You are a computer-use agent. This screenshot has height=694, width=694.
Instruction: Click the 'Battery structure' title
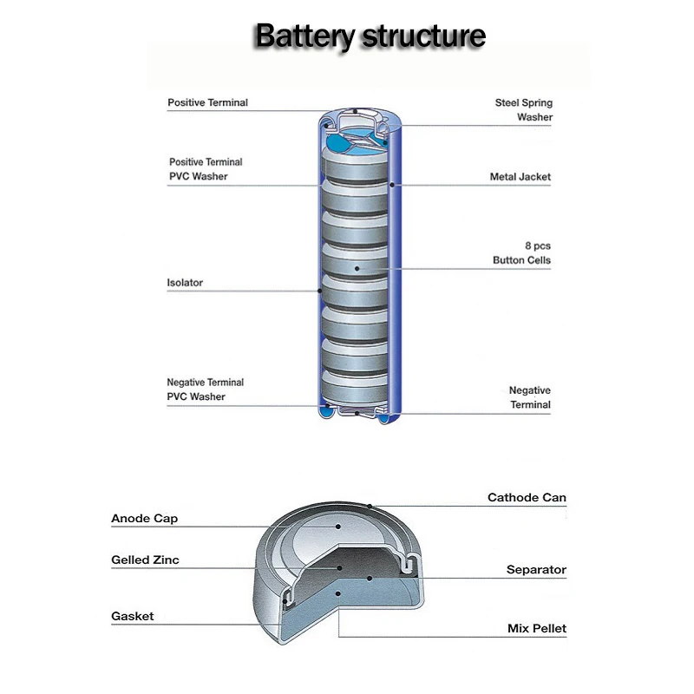tap(370, 36)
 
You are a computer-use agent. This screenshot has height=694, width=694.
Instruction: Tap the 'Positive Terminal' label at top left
tap(207, 102)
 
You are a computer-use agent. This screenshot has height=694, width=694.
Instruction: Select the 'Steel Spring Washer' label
tap(524, 110)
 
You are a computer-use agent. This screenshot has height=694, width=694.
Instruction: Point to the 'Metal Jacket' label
tap(520, 177)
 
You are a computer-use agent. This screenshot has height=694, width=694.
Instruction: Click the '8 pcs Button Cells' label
tap(522, 252)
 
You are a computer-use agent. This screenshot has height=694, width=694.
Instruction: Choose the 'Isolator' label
tap(185, 283)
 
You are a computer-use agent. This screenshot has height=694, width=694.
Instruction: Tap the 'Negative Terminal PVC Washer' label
tap(205, 390)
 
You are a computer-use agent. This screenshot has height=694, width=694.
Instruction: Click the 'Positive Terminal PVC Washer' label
tap(206, 169)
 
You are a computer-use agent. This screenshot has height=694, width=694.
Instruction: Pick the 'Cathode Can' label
tap(527, 497)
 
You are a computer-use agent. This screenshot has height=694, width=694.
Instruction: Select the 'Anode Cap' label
tap(144, 518)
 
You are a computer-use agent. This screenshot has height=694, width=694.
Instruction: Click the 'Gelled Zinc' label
tap(145, 560)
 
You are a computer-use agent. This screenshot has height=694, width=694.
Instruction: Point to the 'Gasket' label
tap(133, 616)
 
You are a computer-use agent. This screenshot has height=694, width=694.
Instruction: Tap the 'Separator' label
tap(536, 570)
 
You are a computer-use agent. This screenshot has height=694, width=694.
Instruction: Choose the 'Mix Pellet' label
tap(537, 628)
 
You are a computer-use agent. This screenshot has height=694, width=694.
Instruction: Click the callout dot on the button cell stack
tap(357, 269)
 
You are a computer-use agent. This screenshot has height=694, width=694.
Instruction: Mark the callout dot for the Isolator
tap(319, 291)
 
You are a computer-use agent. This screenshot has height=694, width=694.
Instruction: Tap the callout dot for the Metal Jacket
tap(392, 185)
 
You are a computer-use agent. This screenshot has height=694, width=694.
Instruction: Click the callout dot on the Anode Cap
tap(338, 527)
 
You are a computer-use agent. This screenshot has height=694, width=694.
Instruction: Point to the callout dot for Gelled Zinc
tap(339, 568)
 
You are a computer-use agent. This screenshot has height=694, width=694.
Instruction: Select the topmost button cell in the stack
tap(355, 166)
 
